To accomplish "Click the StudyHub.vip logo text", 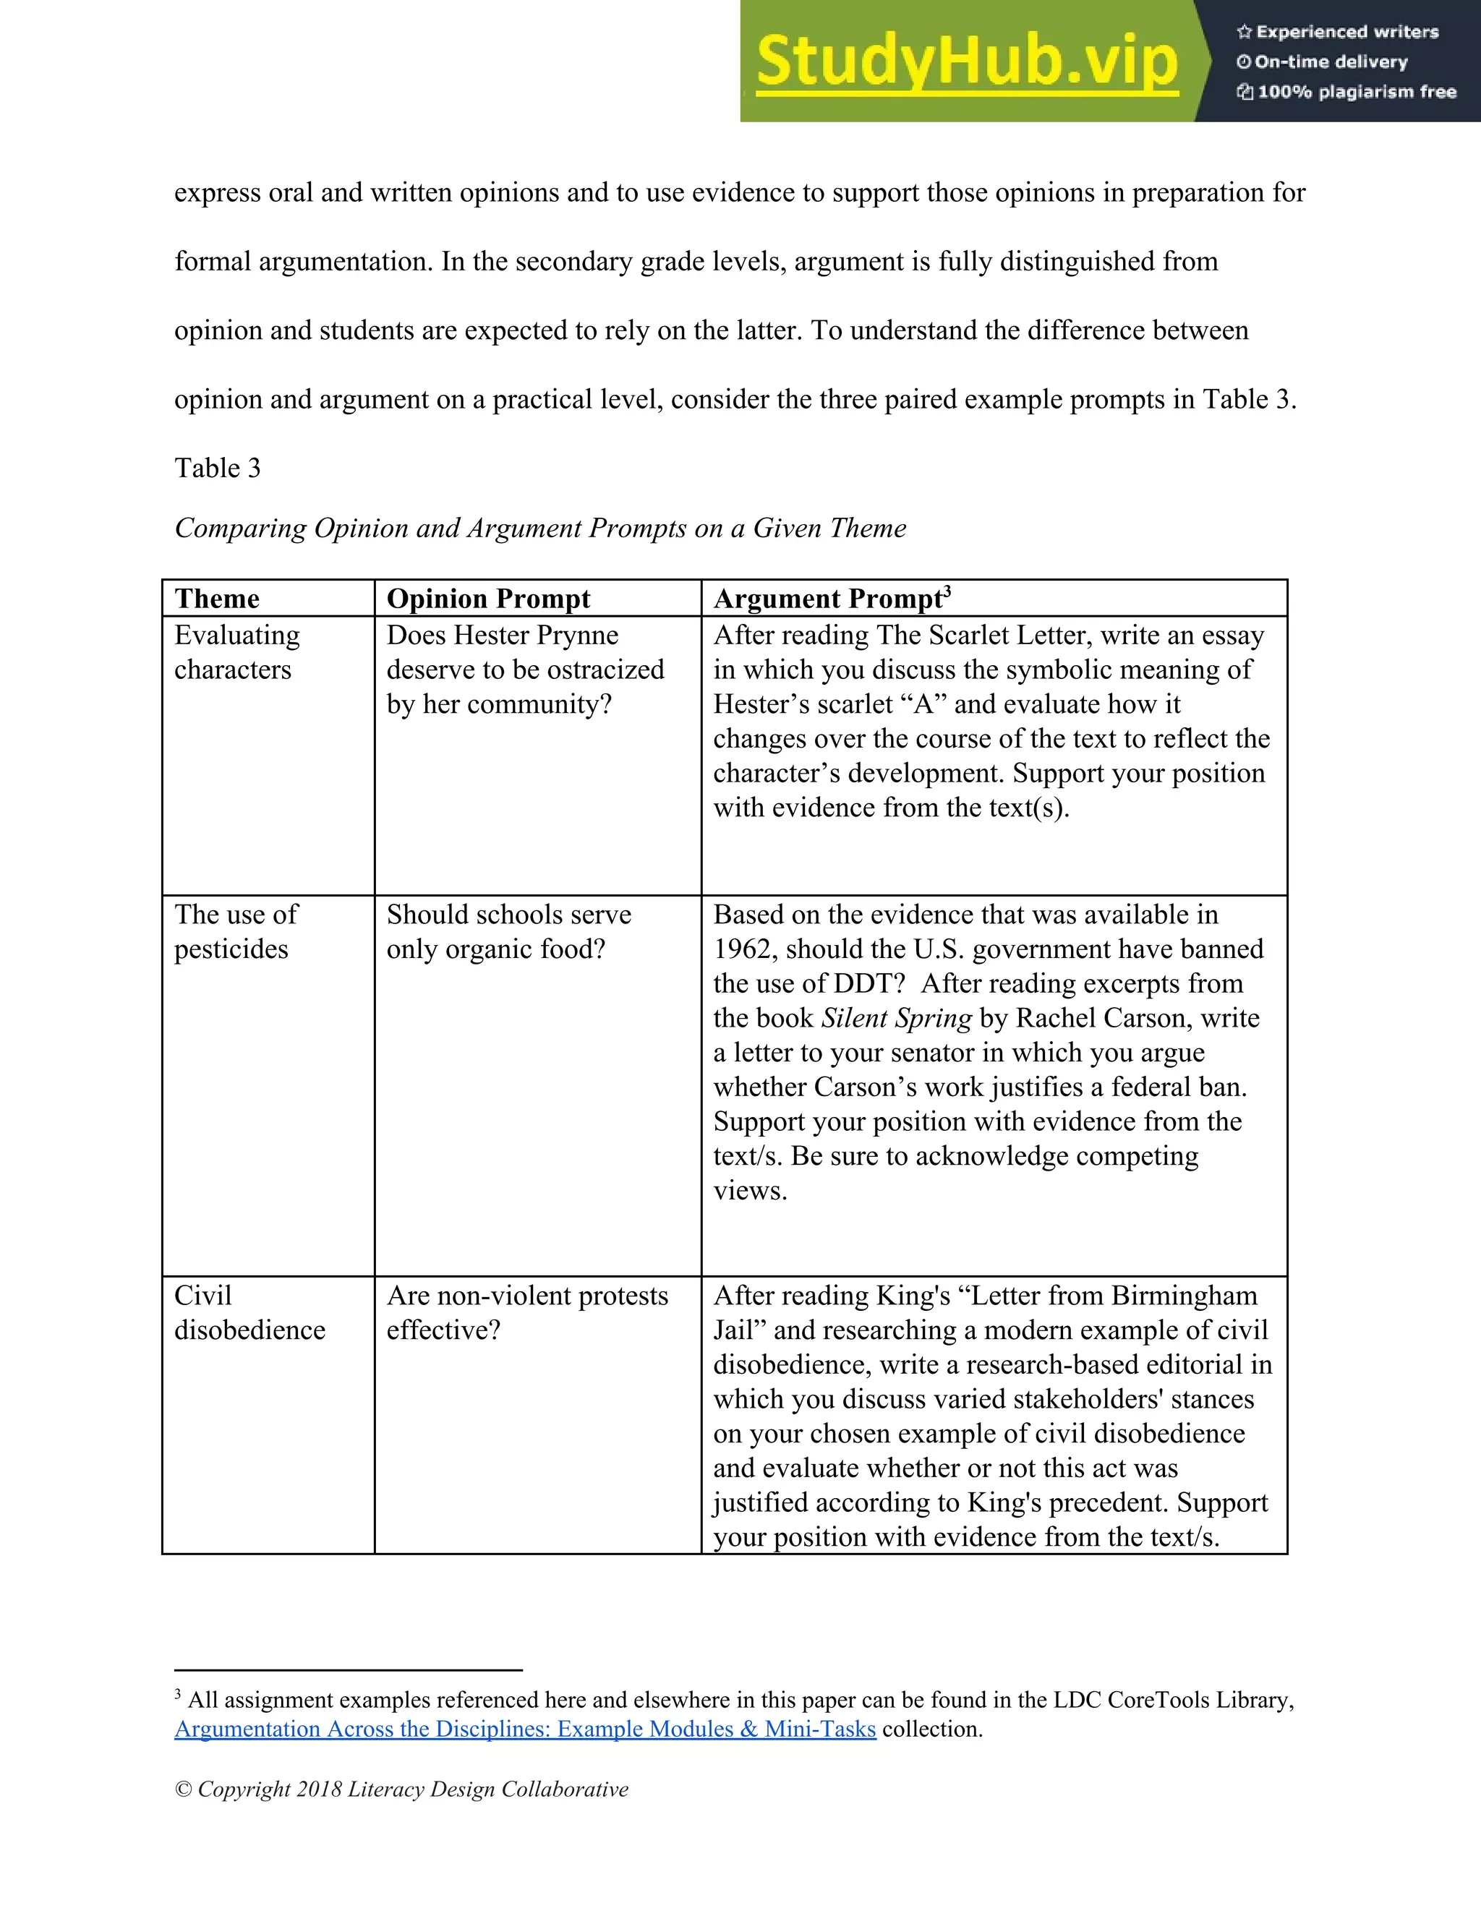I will click(x=965, y=61).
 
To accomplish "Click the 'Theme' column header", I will click(x=217, y=599).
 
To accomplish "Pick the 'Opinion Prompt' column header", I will click(x=488, y=599).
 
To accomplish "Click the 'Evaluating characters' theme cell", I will click(x=237, y=652).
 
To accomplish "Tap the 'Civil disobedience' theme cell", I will click(x=249, y=1312).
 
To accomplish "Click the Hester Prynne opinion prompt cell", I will click(x=525, y=670).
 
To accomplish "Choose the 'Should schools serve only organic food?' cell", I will click(x=509, y=932).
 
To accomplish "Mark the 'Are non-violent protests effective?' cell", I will click(x=526, y=1312).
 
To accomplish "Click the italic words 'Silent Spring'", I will click(x=896, y=1019).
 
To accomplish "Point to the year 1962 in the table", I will click(x=744, y=950).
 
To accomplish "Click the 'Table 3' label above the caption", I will click(x=218, y=469).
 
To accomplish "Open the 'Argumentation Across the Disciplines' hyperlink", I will click(x=525, y=1729).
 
